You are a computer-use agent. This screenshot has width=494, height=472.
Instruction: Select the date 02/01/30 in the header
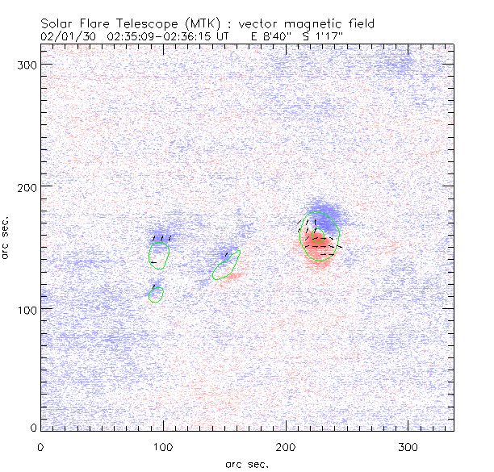pyautogui.click(x=65, y=36)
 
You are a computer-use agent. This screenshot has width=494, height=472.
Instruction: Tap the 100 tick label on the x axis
pyautogui.click(x=164, y=446)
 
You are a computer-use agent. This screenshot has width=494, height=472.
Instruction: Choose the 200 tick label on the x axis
pyautogui.click(x=287, y=446)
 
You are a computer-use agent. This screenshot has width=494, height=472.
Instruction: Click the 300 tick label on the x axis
pyautogui.click(x=409, y=446)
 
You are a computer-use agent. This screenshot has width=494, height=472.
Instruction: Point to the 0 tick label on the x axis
pyautogui.click(x=41, y=446)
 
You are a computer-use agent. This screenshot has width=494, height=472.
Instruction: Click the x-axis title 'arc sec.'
pyautogui.click(x=247, y=464)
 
